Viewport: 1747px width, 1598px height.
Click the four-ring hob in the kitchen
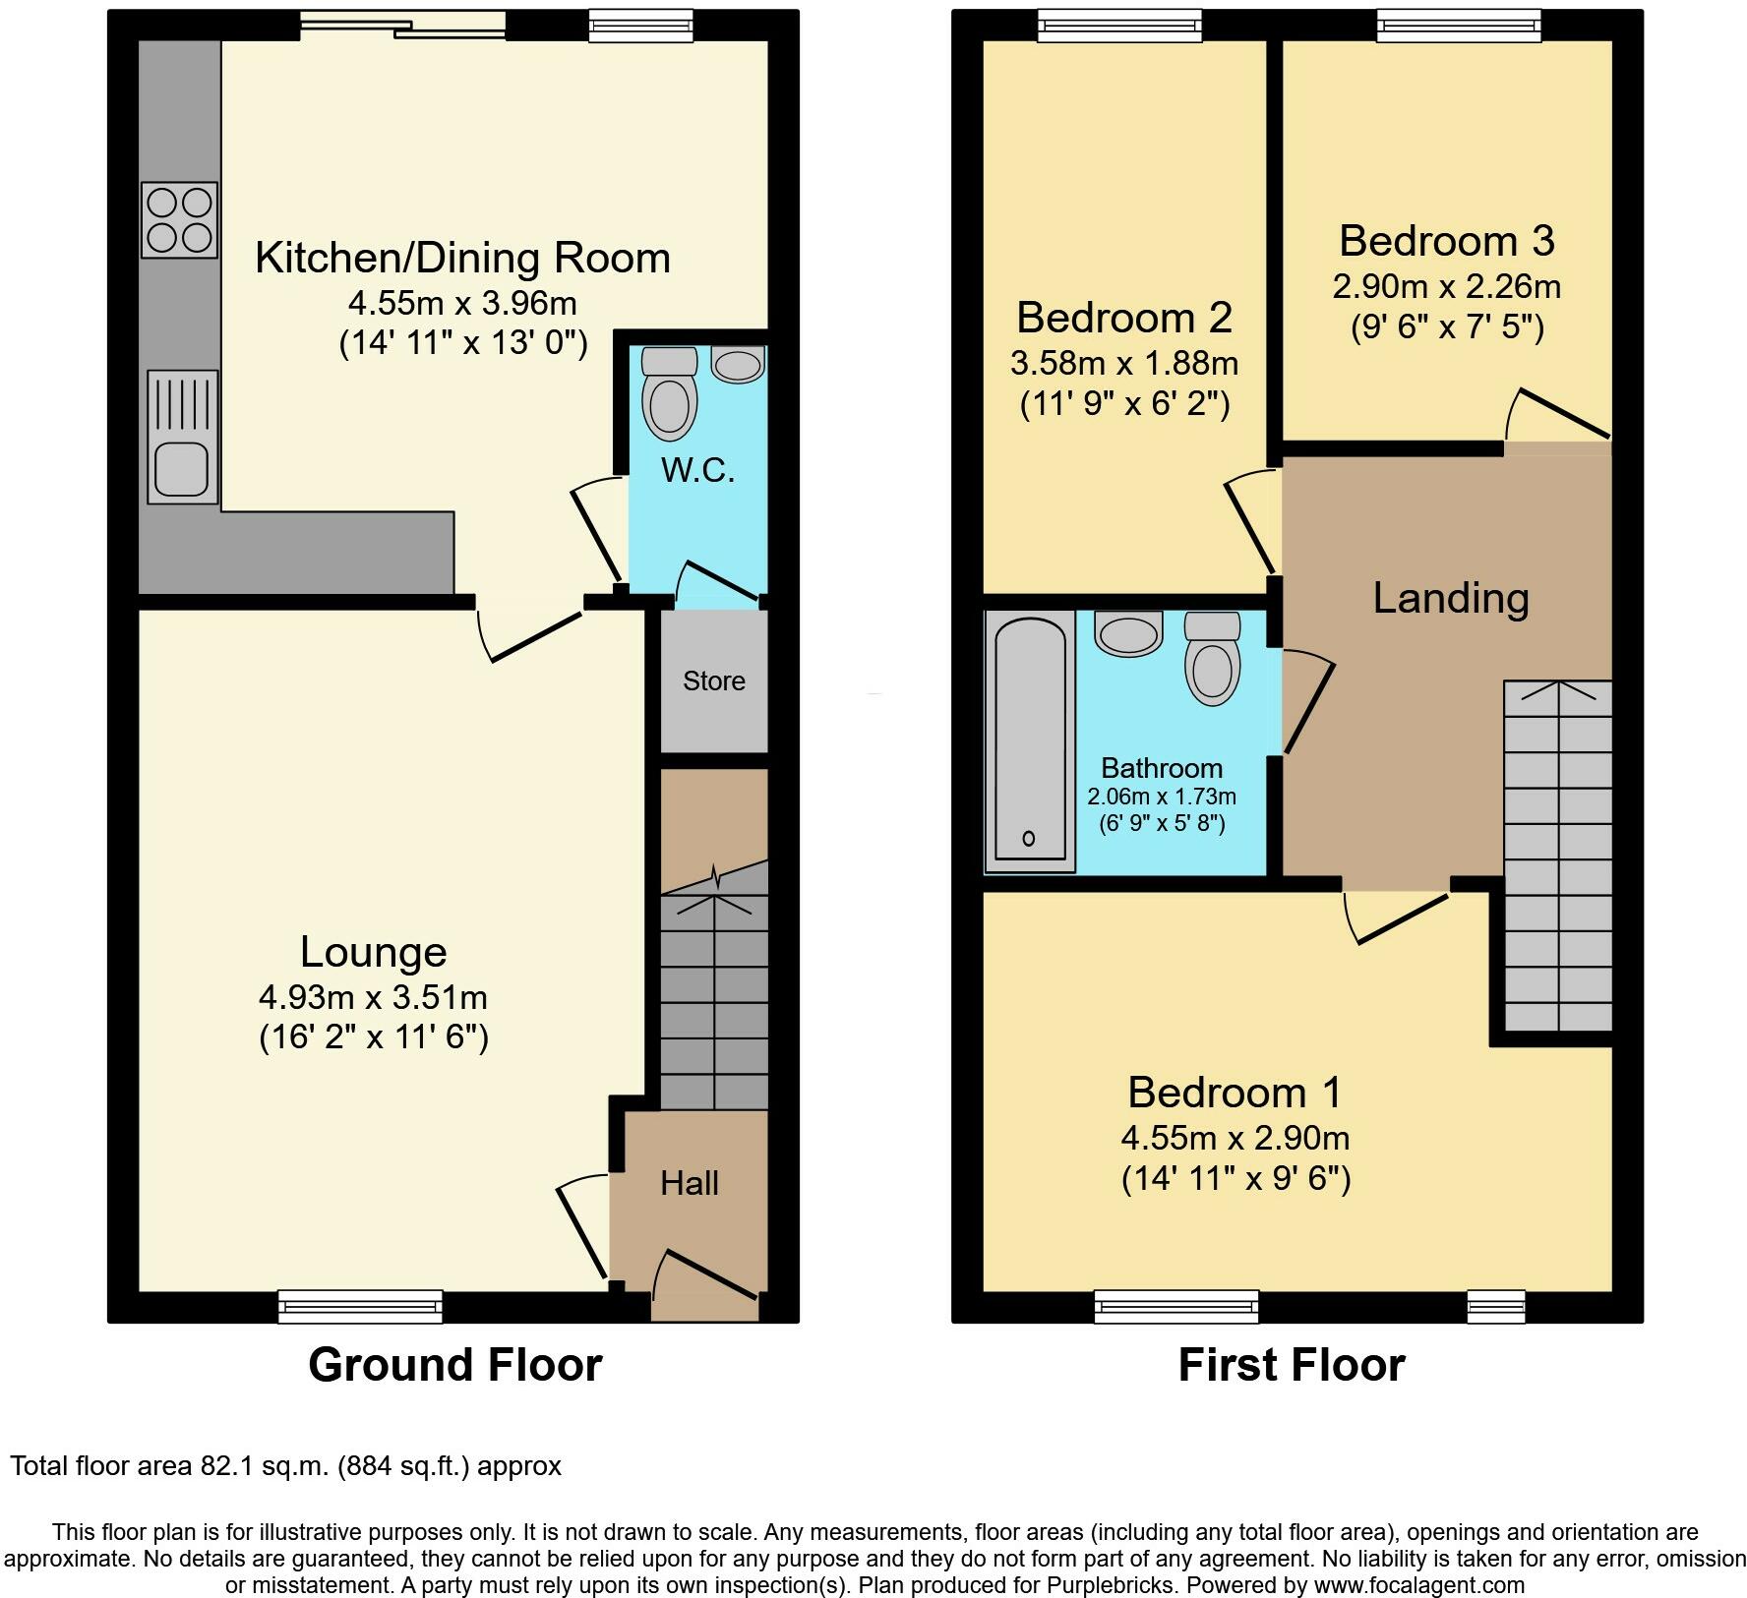point(179,220)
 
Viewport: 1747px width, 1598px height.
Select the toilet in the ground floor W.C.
point(669,392)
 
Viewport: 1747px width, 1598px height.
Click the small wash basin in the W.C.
point(738,365)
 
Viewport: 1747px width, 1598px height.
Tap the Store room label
point(714,681)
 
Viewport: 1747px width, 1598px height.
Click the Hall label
point(690,1183)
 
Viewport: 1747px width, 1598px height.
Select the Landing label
point(1451,598)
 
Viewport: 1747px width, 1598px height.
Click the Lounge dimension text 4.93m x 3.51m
point(373,997)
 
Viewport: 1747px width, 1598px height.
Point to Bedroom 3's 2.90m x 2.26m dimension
point(1446,286)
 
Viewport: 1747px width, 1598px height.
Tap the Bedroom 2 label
point(1124,317)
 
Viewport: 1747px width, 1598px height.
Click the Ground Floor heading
point(454,1365)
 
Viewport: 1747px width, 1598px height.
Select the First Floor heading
point(1292,1365)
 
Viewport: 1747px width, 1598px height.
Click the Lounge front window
point(360,1306)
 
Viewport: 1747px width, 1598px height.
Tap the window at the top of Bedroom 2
point(1120,26)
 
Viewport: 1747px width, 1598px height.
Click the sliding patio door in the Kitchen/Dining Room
point(403,25)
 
